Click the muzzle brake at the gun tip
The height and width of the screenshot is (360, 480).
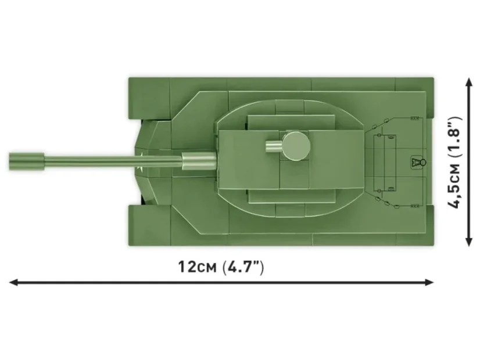pos(27,158)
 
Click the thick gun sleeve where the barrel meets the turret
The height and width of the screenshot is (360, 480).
pos(198,160)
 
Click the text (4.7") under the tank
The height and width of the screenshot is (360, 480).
pos(243,268)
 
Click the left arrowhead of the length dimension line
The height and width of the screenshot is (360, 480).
pos(13,283)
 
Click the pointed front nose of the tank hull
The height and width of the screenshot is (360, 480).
pos(138,159)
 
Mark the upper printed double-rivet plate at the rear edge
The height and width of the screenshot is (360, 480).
pos(414,118)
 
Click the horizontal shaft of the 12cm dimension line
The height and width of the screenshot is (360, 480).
pos(221,283)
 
